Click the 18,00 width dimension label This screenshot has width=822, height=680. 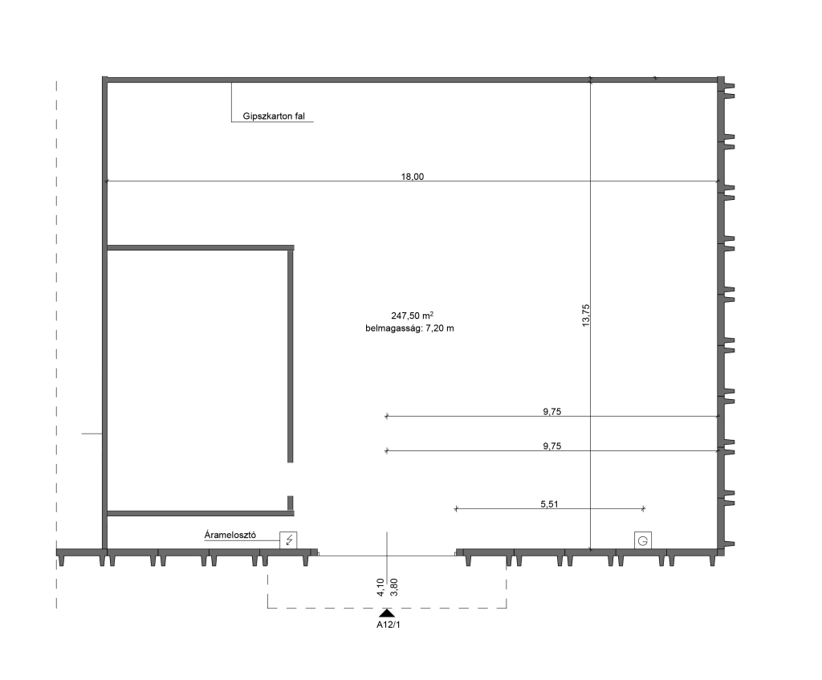point(412,177)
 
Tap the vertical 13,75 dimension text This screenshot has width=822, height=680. point(585,316)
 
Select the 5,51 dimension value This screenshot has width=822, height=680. point(549,504)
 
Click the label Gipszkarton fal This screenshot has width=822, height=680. point(274,116)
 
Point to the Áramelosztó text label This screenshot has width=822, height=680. point(230,535)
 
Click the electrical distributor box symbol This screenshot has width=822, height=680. point(288,540)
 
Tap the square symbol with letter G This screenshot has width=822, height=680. point(643,540)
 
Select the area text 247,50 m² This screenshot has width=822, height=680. point(412,316)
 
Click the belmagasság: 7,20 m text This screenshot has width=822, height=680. point(410,328)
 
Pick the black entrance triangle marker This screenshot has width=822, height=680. point(387,613)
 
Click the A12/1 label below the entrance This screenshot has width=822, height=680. point(389,625)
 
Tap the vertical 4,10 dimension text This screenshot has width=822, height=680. point(380,587)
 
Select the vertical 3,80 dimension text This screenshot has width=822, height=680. point(394,587)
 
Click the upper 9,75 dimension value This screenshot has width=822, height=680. point(552,412)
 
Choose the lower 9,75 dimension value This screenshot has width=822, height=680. point(552,446)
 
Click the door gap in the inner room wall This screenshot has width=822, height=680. point(291,479)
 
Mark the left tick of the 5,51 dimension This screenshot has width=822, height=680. point(456,508)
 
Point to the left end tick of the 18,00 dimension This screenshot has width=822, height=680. point(107,181)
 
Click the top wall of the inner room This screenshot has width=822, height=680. point(201,247)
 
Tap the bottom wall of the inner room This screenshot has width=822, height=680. point(201,513)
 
